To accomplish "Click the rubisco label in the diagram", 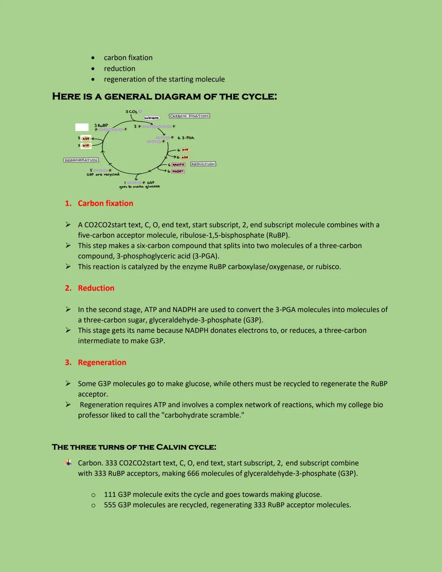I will [x=151, y=118].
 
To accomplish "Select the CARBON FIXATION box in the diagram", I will [x=189, y=116].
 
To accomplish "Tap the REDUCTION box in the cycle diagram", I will [x=203, y=164].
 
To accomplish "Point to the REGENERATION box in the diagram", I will [x=81, y=160].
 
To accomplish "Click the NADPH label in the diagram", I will [x=178, y=165].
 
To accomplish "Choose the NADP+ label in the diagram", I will [x=178, y=171].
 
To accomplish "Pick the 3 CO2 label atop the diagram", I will [x=131, y=111].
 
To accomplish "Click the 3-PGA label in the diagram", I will [x=188, y=138].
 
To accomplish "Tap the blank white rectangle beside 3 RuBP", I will [x=82, y=127].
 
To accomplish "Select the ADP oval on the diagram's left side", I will [x=86, y=138].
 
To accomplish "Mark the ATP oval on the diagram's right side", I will [x=185, y=150].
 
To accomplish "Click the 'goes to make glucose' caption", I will [x=140, y=187].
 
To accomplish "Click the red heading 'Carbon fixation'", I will [x=106, y=203].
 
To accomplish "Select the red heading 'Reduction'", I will [x=96, y=288].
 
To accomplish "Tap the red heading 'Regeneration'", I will [x=102, y=362].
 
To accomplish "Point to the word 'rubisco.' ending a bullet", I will [x=328, y=267].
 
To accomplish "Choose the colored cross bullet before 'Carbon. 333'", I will [x=68, y=463].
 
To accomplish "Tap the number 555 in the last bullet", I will [x=110, y=505].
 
